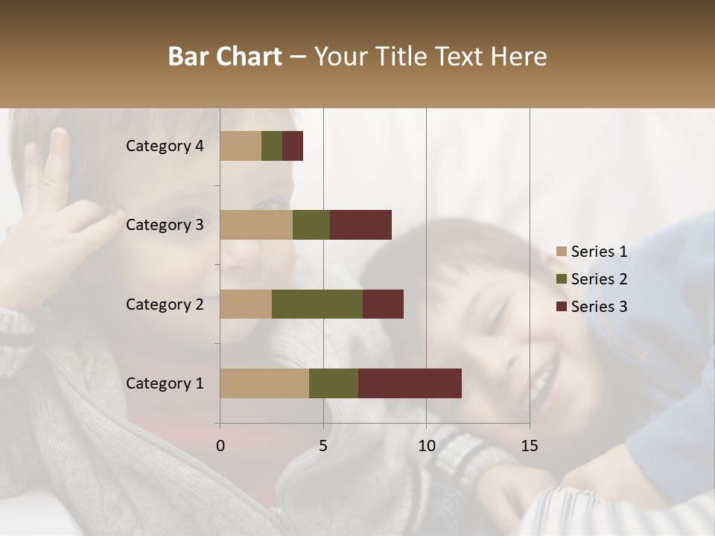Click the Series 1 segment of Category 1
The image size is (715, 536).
point(264,383)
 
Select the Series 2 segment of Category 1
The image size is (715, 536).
point(334,383)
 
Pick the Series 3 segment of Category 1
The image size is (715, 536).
point(410,383)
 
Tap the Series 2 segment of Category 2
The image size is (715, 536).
point(317,304)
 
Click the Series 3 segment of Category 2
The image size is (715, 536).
point(383,304)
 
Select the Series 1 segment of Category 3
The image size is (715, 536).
point(256,225)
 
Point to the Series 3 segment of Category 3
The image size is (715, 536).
point(360,225)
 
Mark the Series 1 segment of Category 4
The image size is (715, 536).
point(241,146)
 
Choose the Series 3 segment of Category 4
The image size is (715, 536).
point(293,146)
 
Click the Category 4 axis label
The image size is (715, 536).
point(165,146)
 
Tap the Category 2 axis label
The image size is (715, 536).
point(165,304)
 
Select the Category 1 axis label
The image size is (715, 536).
point(165,383)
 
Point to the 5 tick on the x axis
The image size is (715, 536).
point(323,446)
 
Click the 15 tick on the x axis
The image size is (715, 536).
point(529,446)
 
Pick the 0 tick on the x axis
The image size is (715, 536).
point(220,446)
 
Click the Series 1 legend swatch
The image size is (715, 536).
point(562,252)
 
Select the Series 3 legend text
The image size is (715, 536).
point(599,307)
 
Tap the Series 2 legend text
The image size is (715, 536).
point(599,279)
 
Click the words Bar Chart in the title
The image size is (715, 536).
point(225,57)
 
